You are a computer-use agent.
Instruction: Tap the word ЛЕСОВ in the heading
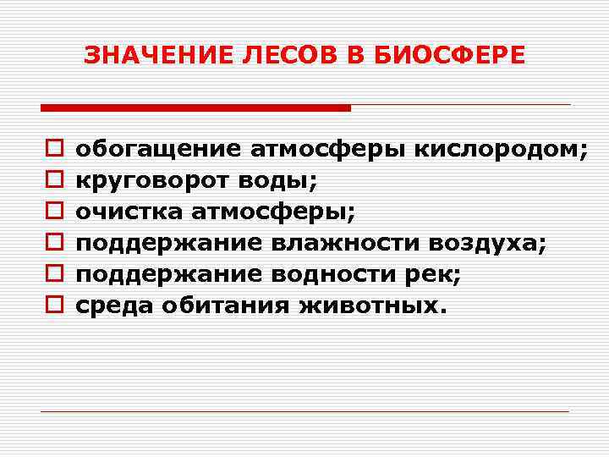point(278,56)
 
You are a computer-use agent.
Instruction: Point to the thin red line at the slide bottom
point(304,411)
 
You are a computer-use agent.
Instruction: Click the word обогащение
point(159,150)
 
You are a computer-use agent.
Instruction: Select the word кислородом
point(499,150)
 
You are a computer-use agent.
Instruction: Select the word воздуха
point(487,244)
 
